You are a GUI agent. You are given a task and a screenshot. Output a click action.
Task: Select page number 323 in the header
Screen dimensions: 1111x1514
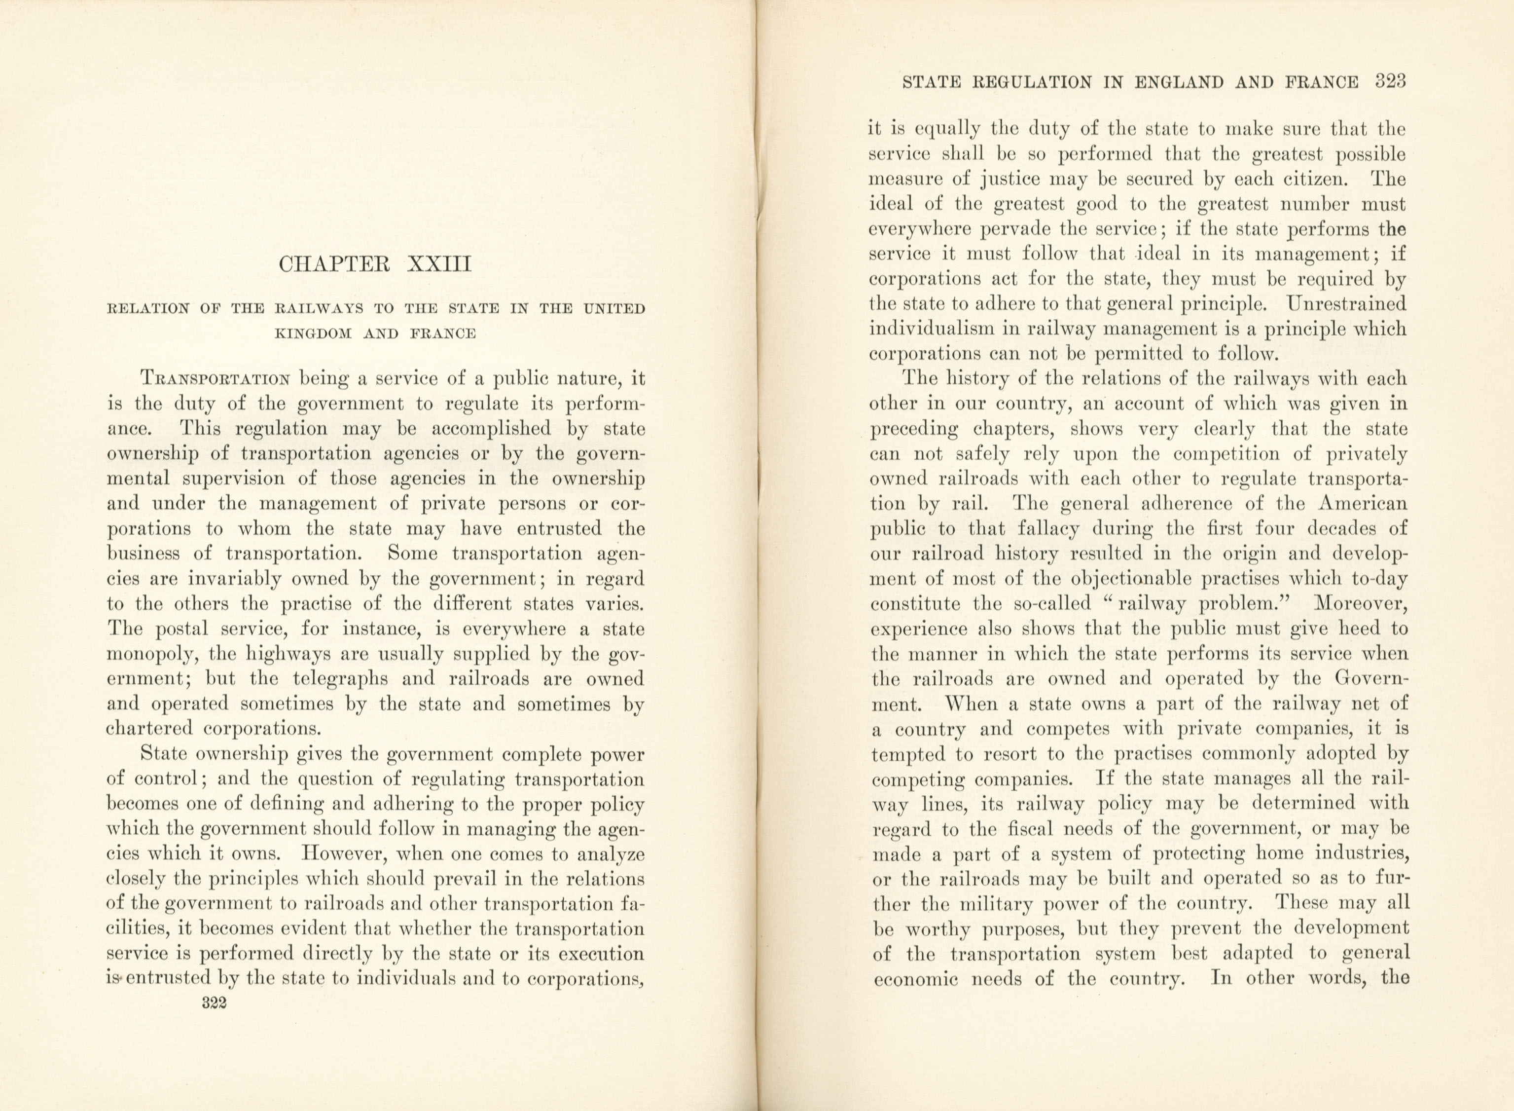(1391, 82)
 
